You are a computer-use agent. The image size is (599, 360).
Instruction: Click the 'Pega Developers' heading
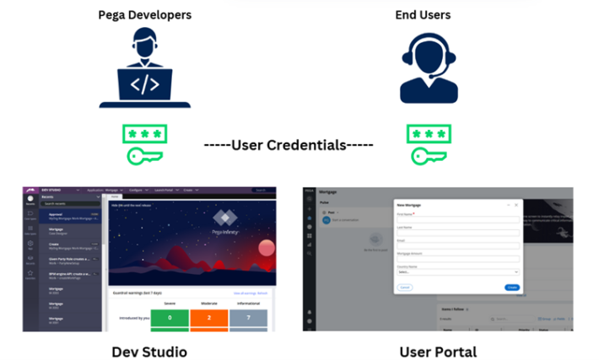(144, 14)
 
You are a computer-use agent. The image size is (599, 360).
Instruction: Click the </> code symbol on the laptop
(144, 84)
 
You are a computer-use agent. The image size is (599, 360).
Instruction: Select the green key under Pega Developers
(138, 156)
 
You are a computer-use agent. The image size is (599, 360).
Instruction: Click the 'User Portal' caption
(438, 350)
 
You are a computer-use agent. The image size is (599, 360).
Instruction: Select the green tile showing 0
(169, 318)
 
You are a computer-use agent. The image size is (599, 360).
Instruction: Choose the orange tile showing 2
(208, 318)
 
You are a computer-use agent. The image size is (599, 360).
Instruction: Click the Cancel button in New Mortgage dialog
(404, 287)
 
